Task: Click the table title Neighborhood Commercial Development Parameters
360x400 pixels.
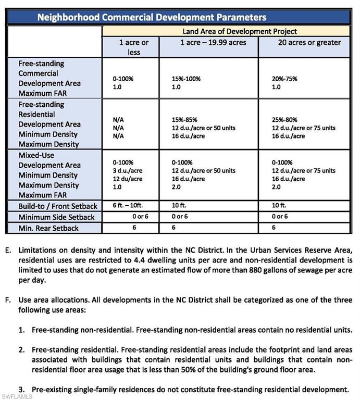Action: (152, 17)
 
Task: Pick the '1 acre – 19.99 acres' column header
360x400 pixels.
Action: (209, 43)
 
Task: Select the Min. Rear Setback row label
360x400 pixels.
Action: (49, 228)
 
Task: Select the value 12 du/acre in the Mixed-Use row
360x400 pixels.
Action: (128, 179)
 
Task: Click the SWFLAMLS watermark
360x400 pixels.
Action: (17, 396)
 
